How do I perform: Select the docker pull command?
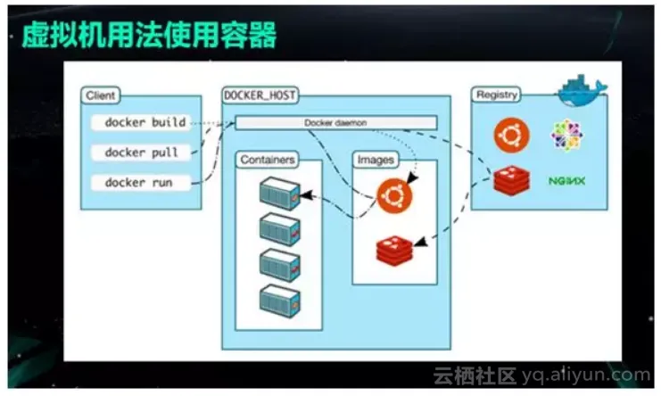(x=141, y=153)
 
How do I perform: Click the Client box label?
(x=100, y=95)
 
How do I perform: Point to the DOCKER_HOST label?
(x=260, y=95)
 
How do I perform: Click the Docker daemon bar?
(x=336, y=122)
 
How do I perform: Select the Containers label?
(x=268, y=160)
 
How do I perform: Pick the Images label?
(x=376, y=160)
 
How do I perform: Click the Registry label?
(x=496, y=95)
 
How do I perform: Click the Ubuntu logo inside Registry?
(x=511, y=136)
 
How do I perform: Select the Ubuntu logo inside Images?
(x=394, y=196)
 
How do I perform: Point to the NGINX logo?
(x=567, y=181)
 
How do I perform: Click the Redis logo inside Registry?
(x=512, y=181)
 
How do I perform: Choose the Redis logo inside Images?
(x=394, y=251)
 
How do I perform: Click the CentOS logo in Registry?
(x=567, y=135)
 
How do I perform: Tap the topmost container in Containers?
(x=280, y=194)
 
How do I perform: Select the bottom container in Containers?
(x=280, y=301)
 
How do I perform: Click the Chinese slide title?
(x=149, y=36)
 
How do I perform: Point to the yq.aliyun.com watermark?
(x=586, y=375)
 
